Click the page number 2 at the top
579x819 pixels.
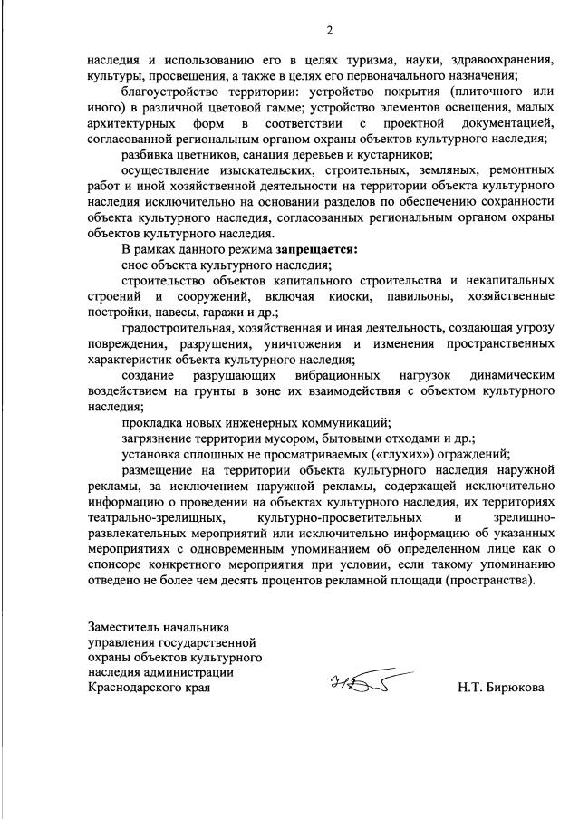[x=330, y=31]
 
